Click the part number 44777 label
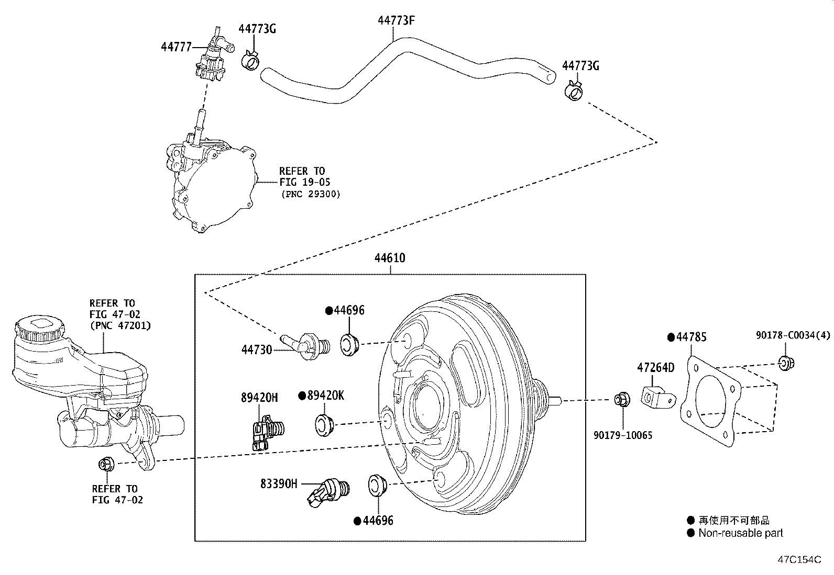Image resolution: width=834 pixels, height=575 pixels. pyautogui.click(x=176, y=47)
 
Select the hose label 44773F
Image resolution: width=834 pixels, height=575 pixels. pyautogui.click(x=397, y=20)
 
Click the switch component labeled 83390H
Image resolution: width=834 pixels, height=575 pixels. pyautogui.click(x=327, y=492)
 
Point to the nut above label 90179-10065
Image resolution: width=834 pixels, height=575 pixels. pyautogui.click(x=622, y=400)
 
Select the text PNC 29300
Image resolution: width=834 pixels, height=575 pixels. pyautogui.click(x=310, y=194)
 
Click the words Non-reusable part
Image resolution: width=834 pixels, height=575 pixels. pyautogui.click(x=740, y=533)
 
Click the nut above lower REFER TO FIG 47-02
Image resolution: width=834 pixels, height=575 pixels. pyautogui.click(x=104, y=464)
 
